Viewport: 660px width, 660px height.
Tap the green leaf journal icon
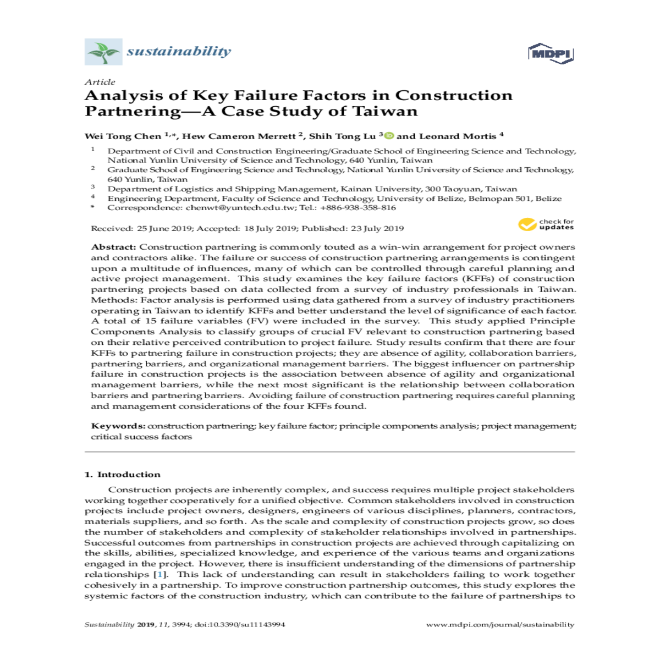click(x=103, y=52)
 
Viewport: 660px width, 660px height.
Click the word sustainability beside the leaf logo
click(x=179, y=52)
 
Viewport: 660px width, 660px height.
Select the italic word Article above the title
click(x=100, y=82)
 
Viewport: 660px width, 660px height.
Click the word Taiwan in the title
click(x=384, y=111)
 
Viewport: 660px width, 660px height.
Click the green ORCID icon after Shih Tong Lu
click(x=389, y=136)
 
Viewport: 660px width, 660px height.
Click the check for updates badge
click(x=546, y=224)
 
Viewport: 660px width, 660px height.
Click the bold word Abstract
click(x=113, y=247)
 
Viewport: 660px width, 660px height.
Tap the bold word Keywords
click(x=118, y=426)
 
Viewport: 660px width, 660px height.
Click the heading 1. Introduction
click(x=123, y=475)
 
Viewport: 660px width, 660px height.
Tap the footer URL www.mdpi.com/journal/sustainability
click(x=500, y=625)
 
